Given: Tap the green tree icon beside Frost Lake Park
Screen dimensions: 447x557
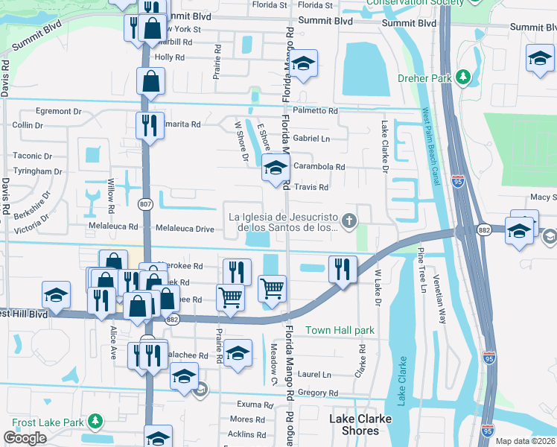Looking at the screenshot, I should (95, 422).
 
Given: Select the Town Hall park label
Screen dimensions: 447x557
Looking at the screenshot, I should (340, 330).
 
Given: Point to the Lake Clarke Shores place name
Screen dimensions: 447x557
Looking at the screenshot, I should (360, 425).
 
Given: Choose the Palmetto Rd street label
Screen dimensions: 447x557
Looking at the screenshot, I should (315, 110).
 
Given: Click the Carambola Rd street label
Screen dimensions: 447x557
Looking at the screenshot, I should (319, 168).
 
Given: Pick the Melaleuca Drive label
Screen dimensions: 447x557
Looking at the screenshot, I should (184, 227).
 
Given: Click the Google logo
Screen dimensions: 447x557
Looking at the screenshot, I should (25, 437).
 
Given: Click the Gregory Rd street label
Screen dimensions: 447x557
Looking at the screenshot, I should (317, 393).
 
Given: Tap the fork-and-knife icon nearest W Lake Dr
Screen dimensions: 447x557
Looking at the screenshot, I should (343, 269).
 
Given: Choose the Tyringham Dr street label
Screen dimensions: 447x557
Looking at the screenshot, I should (37, 171).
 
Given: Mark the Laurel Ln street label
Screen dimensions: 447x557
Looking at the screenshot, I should (315, 375).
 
